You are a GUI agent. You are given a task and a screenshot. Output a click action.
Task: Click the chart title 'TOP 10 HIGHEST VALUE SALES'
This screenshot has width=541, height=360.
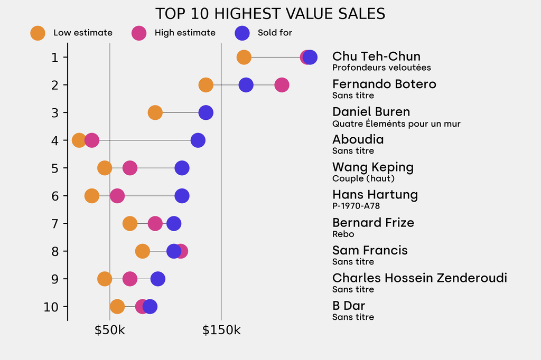270,13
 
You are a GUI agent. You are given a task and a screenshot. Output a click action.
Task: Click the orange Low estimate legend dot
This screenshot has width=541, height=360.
38,33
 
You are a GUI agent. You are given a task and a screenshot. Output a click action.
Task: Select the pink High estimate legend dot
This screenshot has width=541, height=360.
139,33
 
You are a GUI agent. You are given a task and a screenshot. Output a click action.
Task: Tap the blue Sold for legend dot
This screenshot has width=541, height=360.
241,33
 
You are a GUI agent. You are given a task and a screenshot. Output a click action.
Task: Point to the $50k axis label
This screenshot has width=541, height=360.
109,330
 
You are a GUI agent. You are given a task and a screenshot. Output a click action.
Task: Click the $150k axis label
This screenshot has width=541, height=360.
221,330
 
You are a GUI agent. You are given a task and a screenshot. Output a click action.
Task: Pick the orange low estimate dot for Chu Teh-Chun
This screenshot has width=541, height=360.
244,57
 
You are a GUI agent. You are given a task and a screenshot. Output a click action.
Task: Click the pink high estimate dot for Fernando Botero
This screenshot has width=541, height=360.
282,84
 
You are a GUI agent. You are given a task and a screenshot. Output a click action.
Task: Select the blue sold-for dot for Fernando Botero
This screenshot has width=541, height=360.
246,84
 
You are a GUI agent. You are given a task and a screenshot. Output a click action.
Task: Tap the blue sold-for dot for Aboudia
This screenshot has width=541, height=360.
198,140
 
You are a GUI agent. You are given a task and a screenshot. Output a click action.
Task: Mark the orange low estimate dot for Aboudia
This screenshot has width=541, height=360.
79,140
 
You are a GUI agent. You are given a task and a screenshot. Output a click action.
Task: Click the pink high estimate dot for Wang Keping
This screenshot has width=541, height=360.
129,168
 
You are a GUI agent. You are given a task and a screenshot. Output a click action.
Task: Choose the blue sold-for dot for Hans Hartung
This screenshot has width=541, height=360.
182,196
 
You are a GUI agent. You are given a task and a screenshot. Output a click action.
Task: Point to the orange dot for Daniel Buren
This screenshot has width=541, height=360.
155,112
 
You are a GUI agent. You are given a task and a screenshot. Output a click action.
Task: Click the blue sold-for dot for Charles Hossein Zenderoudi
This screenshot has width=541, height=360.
157,279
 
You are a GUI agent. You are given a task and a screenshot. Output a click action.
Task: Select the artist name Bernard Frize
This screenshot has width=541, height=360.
373,223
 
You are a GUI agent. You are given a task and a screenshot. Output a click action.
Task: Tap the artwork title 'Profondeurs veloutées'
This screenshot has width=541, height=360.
381,68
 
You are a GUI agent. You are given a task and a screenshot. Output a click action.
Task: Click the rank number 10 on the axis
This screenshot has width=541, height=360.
55,307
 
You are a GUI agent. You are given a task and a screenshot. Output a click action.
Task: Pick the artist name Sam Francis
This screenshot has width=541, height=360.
370,250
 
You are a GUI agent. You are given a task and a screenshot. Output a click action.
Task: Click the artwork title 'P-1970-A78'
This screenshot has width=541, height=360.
356,206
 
